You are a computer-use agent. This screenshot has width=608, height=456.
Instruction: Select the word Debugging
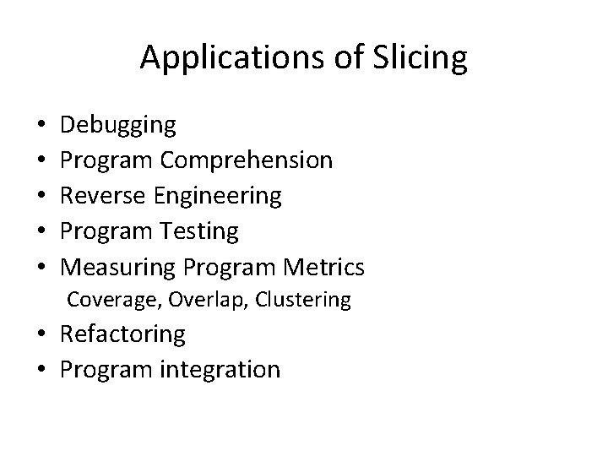(120, 126)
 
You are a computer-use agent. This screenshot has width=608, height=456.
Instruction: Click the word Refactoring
(123, 334)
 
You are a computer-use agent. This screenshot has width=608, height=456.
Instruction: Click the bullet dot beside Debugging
(44, 127)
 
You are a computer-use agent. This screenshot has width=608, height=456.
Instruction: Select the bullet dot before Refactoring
(44, 335)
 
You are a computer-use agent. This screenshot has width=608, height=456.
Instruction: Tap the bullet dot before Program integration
(44, 371)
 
